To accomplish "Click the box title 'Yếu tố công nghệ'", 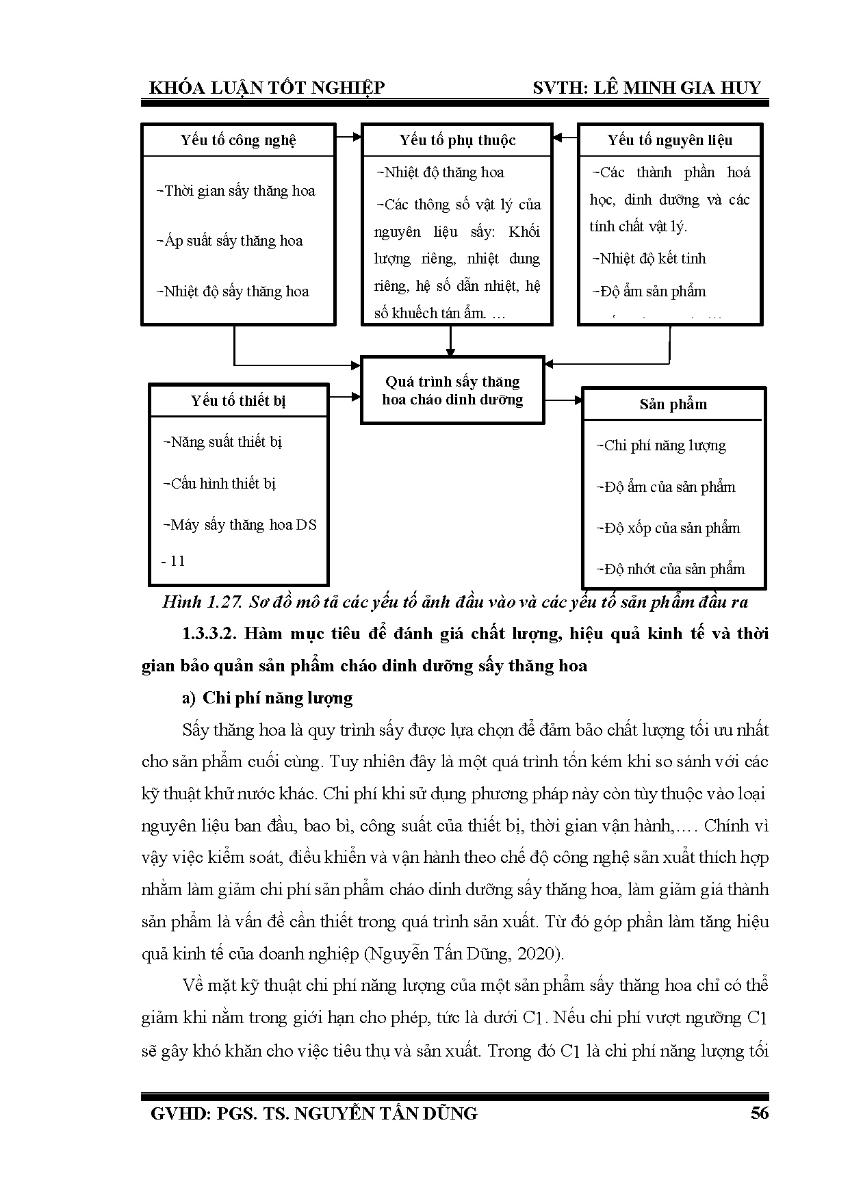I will (x=238, y=140).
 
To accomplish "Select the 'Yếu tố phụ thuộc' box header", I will (x=457, y=140).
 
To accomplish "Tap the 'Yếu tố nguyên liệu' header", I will (x=670, y=140).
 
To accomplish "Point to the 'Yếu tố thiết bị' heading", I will (x=238, y=400).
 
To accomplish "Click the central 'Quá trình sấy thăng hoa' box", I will (x=452, y=390).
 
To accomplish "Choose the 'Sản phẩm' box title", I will (x=673, y=404).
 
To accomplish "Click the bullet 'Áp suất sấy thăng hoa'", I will (x=233, y=241).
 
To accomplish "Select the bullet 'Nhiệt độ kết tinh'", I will (x=651, y=259).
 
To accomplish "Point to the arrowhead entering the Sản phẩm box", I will (x=576, y=400).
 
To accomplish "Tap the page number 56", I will (x=760, y=1113).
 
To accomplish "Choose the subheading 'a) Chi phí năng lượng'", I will (x=267, y=698).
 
